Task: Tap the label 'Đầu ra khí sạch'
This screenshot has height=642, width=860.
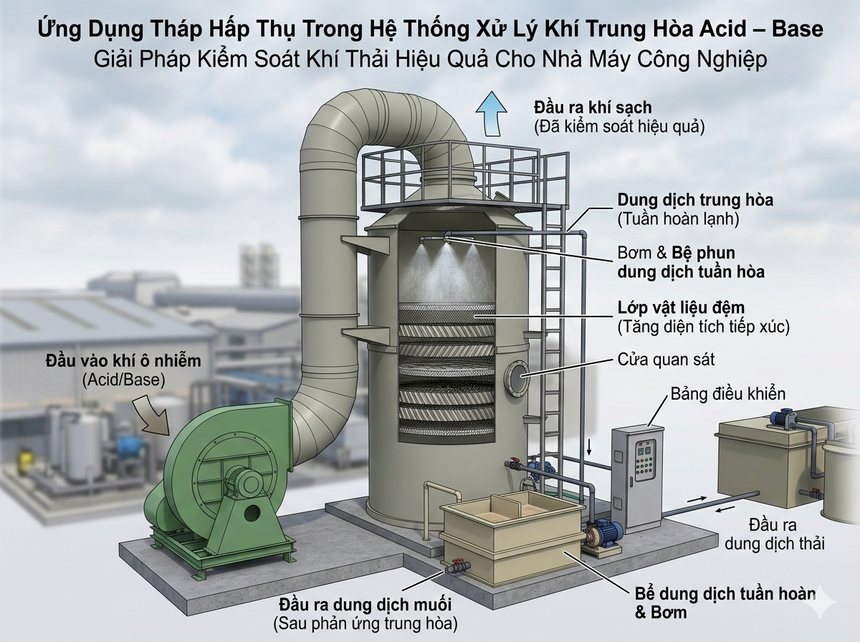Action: [x=592, y=108]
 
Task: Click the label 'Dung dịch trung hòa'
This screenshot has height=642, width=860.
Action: [x=695, y=200]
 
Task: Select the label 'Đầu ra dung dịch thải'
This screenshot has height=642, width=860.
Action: [x=773, y=533]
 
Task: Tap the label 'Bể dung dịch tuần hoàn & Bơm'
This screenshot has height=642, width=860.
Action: [x=725, y=603]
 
